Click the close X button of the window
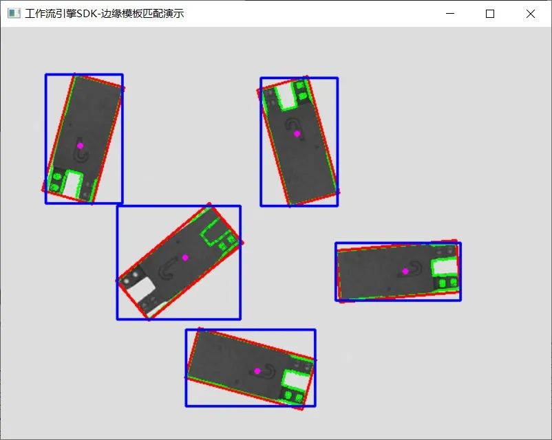531,14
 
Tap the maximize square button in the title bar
489,14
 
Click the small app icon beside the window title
14,13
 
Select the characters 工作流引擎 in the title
51,13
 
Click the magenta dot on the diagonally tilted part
185,258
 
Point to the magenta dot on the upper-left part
81,146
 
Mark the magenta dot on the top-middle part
297,133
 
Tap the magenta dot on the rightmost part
405,271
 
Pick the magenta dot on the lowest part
257,371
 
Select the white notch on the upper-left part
73,185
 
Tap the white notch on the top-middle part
287,96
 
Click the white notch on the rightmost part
445,267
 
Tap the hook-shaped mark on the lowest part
267,372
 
